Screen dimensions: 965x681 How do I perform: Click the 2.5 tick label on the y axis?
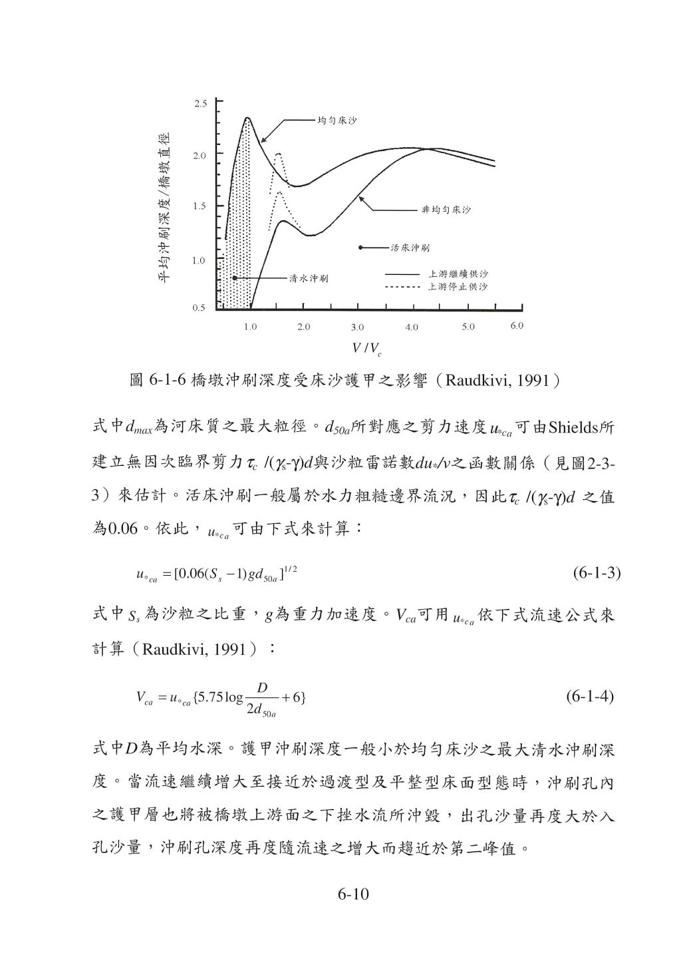click(x=200, y=103)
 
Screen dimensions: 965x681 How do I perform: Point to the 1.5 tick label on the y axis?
click(x=200, y=206)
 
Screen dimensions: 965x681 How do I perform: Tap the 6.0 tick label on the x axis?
click(x=517, y=325)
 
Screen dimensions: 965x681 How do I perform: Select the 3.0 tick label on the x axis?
click(x=357, y=327)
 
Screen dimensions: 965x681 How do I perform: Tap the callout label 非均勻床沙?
click(x=446, y=210)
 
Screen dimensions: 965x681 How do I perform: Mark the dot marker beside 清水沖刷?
click(x=235, y=278)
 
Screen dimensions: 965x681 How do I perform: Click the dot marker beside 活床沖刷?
click(x=360, y=248)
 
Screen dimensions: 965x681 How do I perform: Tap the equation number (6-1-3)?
click(x=596, y=573)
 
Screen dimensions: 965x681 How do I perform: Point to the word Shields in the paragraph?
click(x=573, y=427)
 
